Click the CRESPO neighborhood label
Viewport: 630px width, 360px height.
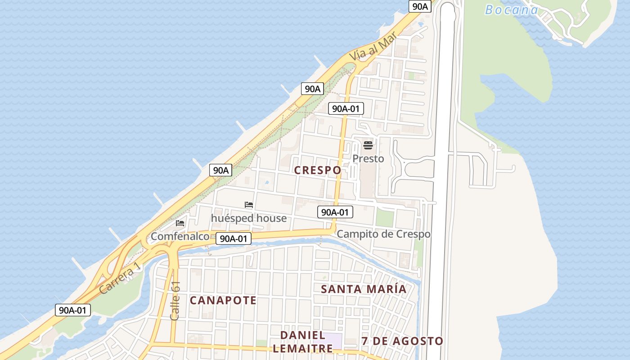click(x=317, y=170)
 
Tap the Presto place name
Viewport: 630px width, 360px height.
click(x=368, y=159)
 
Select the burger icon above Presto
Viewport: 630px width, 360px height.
click(x=368, y=145)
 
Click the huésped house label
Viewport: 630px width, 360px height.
click(x=248, y=218)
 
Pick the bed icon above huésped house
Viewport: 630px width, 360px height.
click(x=248, y=205)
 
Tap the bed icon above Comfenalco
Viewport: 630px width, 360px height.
click(x=180, y=223)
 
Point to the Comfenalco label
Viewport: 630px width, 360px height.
click(x=180, y=236)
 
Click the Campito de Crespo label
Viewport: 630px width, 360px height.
click(x=383, y=234)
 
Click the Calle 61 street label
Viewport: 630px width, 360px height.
click(x=175, y=301)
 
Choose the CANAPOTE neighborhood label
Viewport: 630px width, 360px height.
click(x=223, y=300)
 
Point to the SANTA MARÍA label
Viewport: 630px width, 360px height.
click(x=364, y=289)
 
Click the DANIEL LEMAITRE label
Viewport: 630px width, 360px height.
click(x=302, y=342)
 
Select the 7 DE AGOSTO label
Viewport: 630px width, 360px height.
click(x=402, y=341)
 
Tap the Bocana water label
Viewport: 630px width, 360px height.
click(x=511, y=9)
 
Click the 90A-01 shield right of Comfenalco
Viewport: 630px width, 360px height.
click(x=233, y=238)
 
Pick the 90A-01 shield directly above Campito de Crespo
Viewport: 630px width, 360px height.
click(x=335, y=212)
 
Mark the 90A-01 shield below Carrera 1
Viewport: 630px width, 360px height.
click(x=73, y=310)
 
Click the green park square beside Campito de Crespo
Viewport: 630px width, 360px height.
click(x=385, y=218)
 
